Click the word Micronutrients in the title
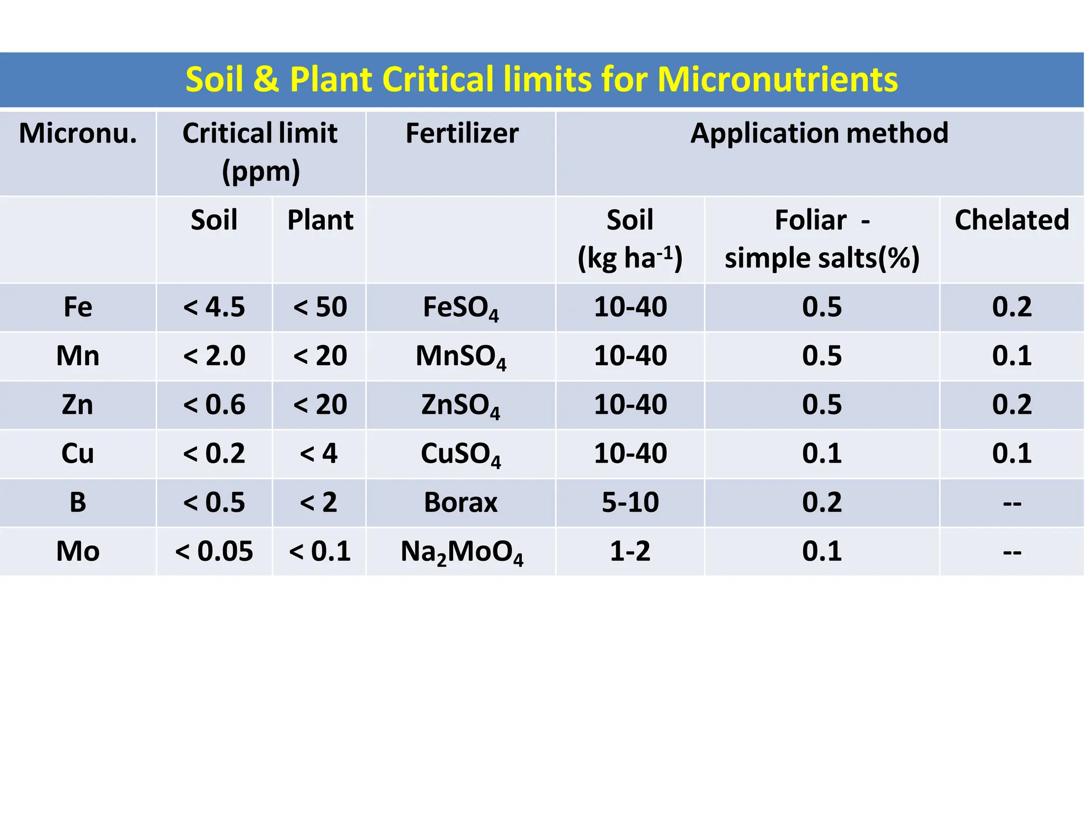pos(777,80)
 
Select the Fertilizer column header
pos(461,133)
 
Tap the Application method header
pos(819,133)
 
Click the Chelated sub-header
pos(1011,220)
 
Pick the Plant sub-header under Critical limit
pos(320,220)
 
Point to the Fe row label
pos(78,307)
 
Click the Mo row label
pos(78,551)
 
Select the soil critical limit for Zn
pos(214,405)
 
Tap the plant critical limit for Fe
pos(320,307)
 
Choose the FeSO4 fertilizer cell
pos(460,308)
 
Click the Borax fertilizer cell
pos(460,502)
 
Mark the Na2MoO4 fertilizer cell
pos(461,552)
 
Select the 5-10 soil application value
pos(630,502)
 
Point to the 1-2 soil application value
pos(630,551)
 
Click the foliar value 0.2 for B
pos(822,502)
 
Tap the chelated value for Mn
pos(1011,356)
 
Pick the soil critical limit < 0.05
pos(214,551)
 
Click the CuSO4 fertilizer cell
pos(460,454)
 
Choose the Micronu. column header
pos(78,133)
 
